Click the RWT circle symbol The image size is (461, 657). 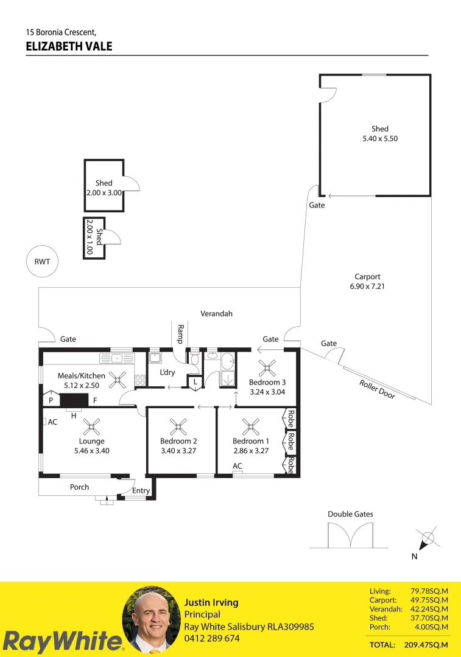tap(41, 262)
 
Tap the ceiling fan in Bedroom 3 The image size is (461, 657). tap(266, 367)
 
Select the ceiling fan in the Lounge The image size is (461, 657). tap(92, 424)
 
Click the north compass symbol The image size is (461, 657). tap(428, 538)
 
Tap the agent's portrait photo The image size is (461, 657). tap(150, 619)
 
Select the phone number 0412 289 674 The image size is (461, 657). tap(212, 638)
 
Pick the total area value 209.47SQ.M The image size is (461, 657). tap(426, 644)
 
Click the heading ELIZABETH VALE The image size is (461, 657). tap(69, 46)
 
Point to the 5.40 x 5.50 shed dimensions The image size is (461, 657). tap(380, 139)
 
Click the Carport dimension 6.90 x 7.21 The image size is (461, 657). tap(367, 286)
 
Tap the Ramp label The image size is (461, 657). tap(180, 334)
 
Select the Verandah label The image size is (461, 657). tap(217, 314)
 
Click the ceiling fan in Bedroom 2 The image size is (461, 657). tap(178, 424)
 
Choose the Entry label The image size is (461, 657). tap(141, 491)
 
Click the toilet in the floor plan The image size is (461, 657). tap(195, 361)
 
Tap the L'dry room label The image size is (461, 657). tap(167, 372)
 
